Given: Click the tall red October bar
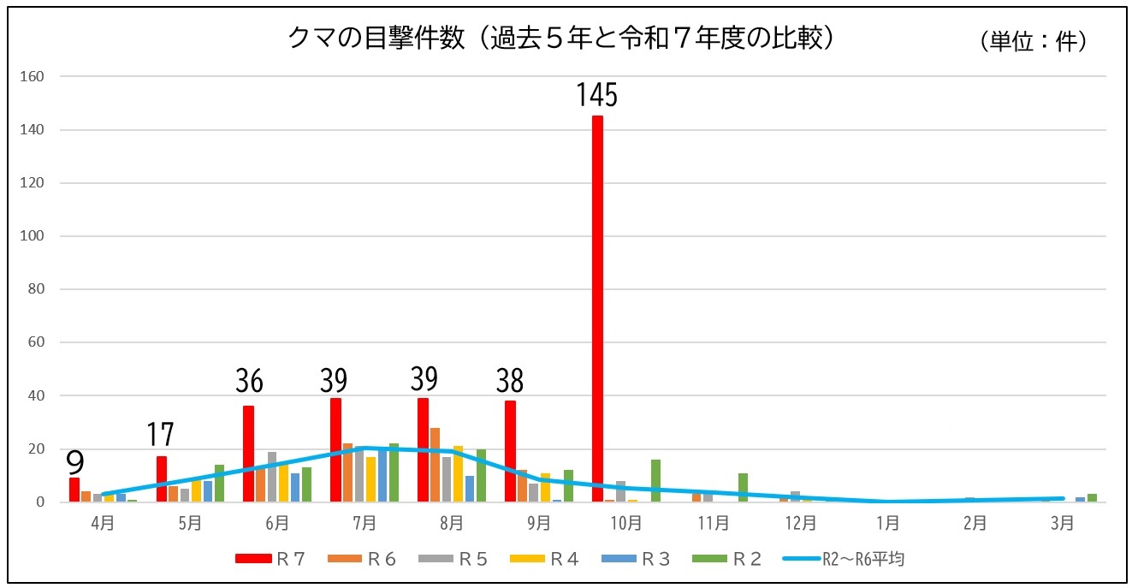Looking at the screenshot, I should click(597, 308).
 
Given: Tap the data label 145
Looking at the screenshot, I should click(596, 95).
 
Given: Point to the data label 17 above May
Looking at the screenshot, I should click(160, 435).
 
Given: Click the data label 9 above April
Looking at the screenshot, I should click(75, 463).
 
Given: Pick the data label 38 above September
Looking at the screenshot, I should click(510, 380).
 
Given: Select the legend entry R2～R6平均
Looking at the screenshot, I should click(844, 559).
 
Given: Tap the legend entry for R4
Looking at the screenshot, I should click(544, 559).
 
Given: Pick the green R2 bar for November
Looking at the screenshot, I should click(743, 487).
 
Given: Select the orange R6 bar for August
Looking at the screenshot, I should click(435, 465).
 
